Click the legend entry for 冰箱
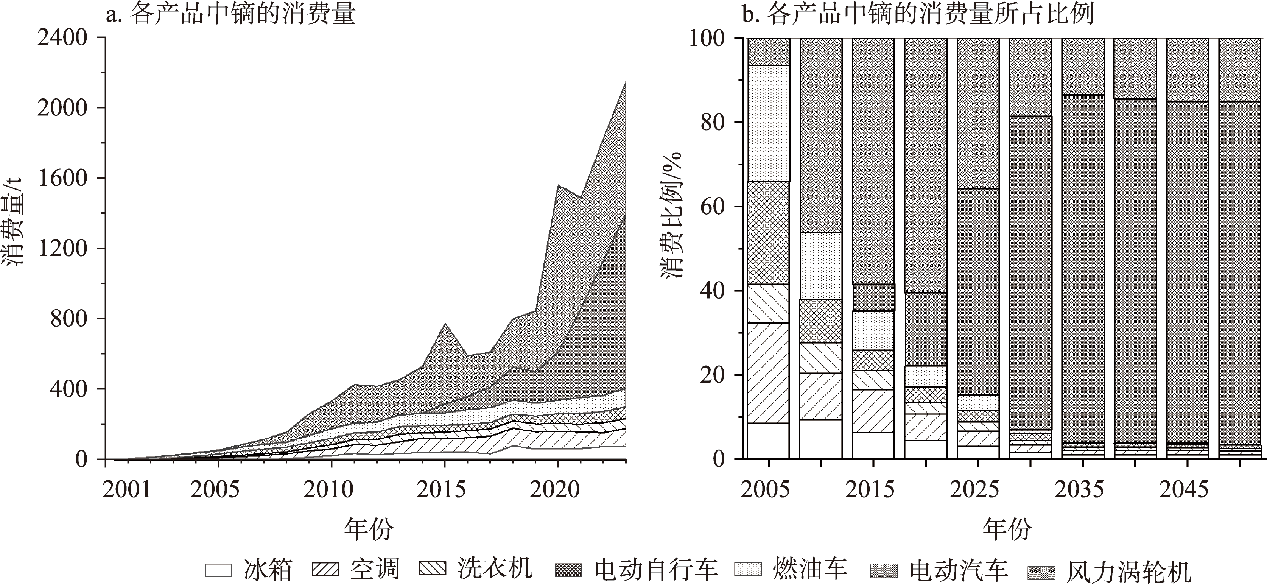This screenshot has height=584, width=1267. pyautogui.click(x=248, y=570)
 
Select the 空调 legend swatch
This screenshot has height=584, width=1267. pyautogui.click(x=325, y=569)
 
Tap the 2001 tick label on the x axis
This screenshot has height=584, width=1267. pyautogui.click(x=127, y=489)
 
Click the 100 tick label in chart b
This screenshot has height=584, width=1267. pyautogui.click(x=707, y=38)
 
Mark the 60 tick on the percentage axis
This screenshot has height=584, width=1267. pyautogui.click(x=714, y=207)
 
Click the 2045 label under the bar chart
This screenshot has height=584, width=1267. pyautogui.click(x=1183, y=489)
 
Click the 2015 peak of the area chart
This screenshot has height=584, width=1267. pyautogui.click(x=445, y=324)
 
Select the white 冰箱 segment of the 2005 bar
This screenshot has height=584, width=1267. pyautogui.click(x=768, y=440)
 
